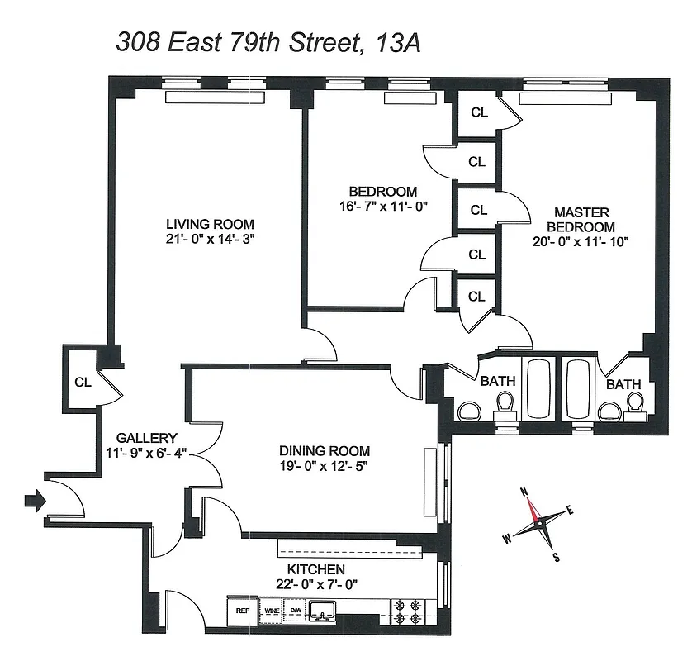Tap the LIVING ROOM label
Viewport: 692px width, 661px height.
click(210, 224)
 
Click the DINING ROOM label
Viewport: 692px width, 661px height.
click(325, 451)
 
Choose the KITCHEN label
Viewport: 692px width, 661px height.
click(315, 570)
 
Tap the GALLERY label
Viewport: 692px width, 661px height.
click(147, 438)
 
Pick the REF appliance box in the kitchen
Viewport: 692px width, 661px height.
click(243, 612)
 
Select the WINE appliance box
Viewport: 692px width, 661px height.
click(272, 612)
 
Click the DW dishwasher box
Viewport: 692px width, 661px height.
click(295, 612)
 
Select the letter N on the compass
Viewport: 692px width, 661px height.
click(524, 491)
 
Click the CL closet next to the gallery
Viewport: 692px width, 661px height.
click(82, 382)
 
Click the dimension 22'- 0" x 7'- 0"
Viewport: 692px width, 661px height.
click(315, 585)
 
